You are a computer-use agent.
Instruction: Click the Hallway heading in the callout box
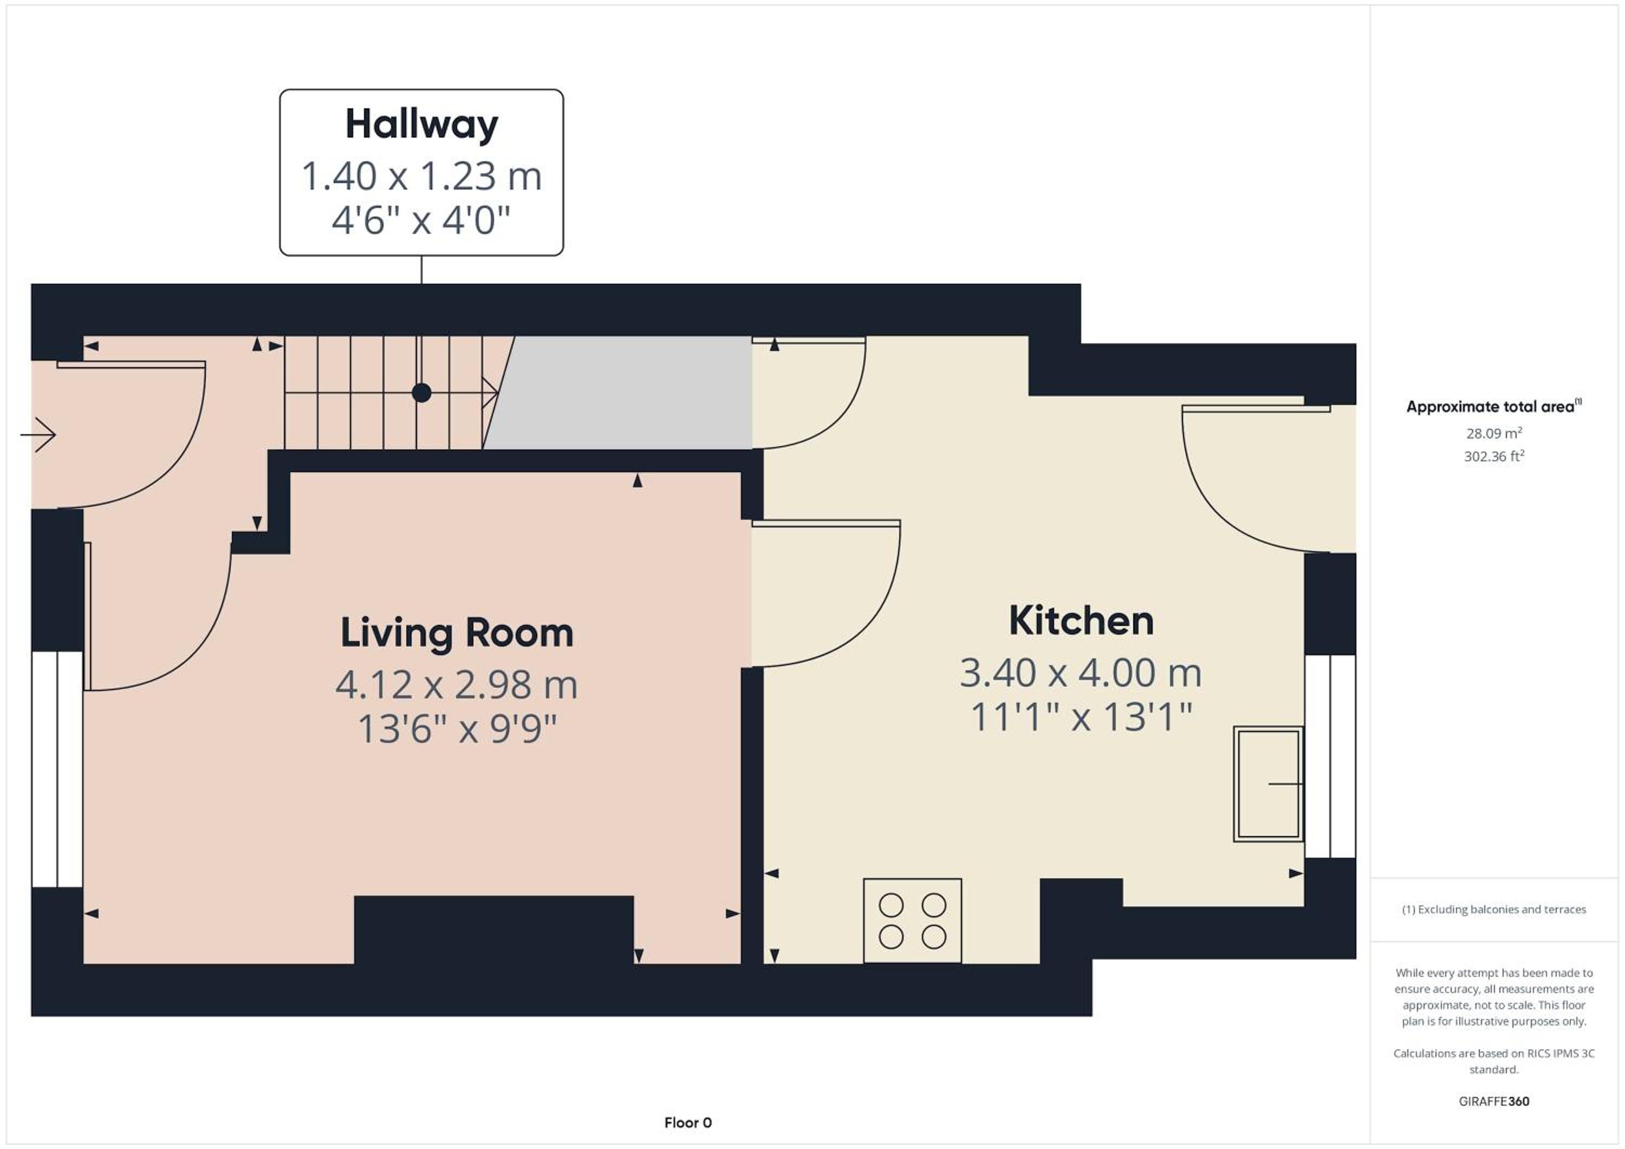pos(422,125)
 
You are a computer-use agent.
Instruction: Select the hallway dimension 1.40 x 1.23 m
pos(422,176)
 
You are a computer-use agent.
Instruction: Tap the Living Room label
pos(457,632)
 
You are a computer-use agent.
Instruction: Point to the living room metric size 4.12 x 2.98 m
pos(457,685)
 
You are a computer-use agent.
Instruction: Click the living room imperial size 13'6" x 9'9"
pos(457,729)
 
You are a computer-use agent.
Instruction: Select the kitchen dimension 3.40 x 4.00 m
pos(1081,673)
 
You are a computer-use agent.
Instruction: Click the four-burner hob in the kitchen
pos(912,920)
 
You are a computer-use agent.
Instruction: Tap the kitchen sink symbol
pos(1268,784)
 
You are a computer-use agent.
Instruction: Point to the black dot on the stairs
pos(422,393)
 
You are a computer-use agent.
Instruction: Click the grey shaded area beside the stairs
pos(623,393)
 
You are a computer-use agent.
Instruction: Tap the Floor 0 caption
pos(688,1123)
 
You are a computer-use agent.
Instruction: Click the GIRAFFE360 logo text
pos(1493,1101)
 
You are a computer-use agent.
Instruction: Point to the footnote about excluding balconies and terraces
pos(1493,909)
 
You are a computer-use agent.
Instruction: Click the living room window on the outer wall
pos(57,769)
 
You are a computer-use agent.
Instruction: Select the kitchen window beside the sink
pos(1330,756)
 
